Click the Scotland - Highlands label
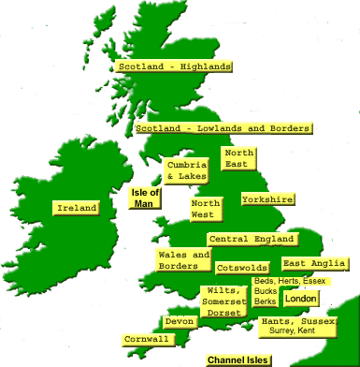click(174, 66)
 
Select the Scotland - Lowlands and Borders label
click(223, 128)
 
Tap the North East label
click(238, 157)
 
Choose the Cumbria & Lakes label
click(186, 170)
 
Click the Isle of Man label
click(144, 198)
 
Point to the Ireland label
click(76, 208)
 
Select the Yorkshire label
click(267, 199)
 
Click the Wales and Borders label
click(184, 260)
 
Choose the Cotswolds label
click(242, 268)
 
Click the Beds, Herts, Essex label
click(289, 281)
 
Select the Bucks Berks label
click(266, 297)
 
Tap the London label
click(301, 299)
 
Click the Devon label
click(180, 321)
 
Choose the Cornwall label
click(146, 339)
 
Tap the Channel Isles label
click(238, 360)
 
